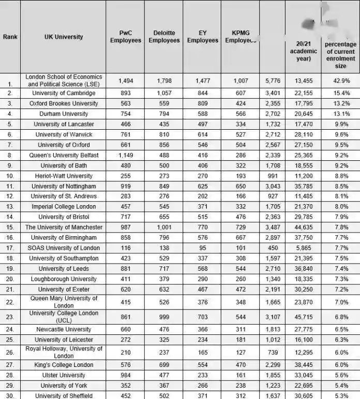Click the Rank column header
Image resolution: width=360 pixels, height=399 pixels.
click(x=10, y=37)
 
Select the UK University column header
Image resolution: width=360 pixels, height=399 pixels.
click(x=64, y=37)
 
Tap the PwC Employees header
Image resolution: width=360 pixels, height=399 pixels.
click(x=126, y=37)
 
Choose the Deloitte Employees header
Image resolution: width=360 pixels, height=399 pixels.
click(x=164, y=37)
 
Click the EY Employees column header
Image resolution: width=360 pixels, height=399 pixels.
click(x=202, y=37)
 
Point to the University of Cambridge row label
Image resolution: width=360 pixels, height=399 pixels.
click(x=64, y=93)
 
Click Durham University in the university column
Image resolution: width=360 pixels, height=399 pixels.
click(x=64, y=114)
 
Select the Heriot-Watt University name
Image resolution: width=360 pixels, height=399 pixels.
click(x=64, y=176)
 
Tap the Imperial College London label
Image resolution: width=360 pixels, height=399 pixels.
click(x=64, y=207)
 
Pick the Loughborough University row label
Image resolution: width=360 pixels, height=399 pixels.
click(x=64, y=279)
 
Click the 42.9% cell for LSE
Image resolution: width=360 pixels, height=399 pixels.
click(x=340, y=81)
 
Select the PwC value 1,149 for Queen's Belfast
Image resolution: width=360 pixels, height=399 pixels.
click(x=126, y=155)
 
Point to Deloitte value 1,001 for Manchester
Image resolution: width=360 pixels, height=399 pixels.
click(x=164, y=227)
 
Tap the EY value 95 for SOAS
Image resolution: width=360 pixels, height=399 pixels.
click(x=202, y=248)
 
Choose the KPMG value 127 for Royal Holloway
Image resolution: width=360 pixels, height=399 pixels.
click(x=241, y=352)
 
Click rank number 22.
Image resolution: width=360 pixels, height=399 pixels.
click(x=10, y=302)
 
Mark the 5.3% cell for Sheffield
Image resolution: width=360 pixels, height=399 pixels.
click(x=340, y=395)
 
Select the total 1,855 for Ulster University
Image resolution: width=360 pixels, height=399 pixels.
click(x=272, y=375)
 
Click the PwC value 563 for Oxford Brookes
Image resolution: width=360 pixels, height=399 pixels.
click(x=126, y=103)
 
